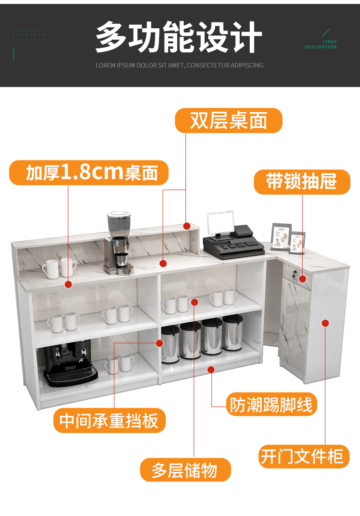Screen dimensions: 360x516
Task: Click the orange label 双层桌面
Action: click(229, 121)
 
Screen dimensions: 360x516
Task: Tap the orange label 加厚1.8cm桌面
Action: click(89, 172)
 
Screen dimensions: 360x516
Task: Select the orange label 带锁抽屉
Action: click(302, 182)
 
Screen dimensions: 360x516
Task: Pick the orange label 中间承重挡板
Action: click(109, 420)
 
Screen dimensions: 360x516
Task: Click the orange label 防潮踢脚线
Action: click(272, 404)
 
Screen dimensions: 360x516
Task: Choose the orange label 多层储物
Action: click(185, 470)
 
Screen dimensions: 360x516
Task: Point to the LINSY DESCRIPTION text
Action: click(321, 45)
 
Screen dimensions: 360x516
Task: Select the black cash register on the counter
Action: click(232, 237)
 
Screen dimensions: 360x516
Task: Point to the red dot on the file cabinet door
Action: click(325, 323)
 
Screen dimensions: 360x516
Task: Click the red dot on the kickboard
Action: click(211, 369)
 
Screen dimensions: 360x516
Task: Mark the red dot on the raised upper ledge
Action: click(186, 226)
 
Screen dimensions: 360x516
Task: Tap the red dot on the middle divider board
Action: click(159, 342)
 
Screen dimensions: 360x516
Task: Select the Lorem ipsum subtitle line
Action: click(179, 65)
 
